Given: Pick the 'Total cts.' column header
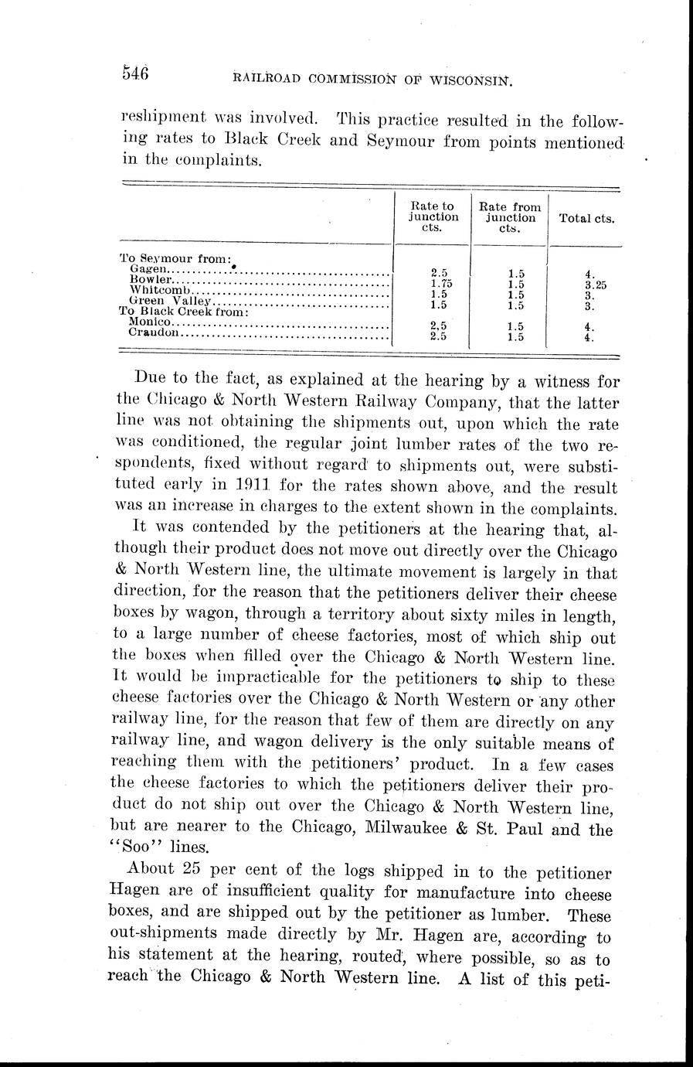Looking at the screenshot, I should coord(586,219).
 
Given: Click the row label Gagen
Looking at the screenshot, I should coord(146,269).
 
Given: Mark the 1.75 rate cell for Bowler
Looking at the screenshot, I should coord(439,283).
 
